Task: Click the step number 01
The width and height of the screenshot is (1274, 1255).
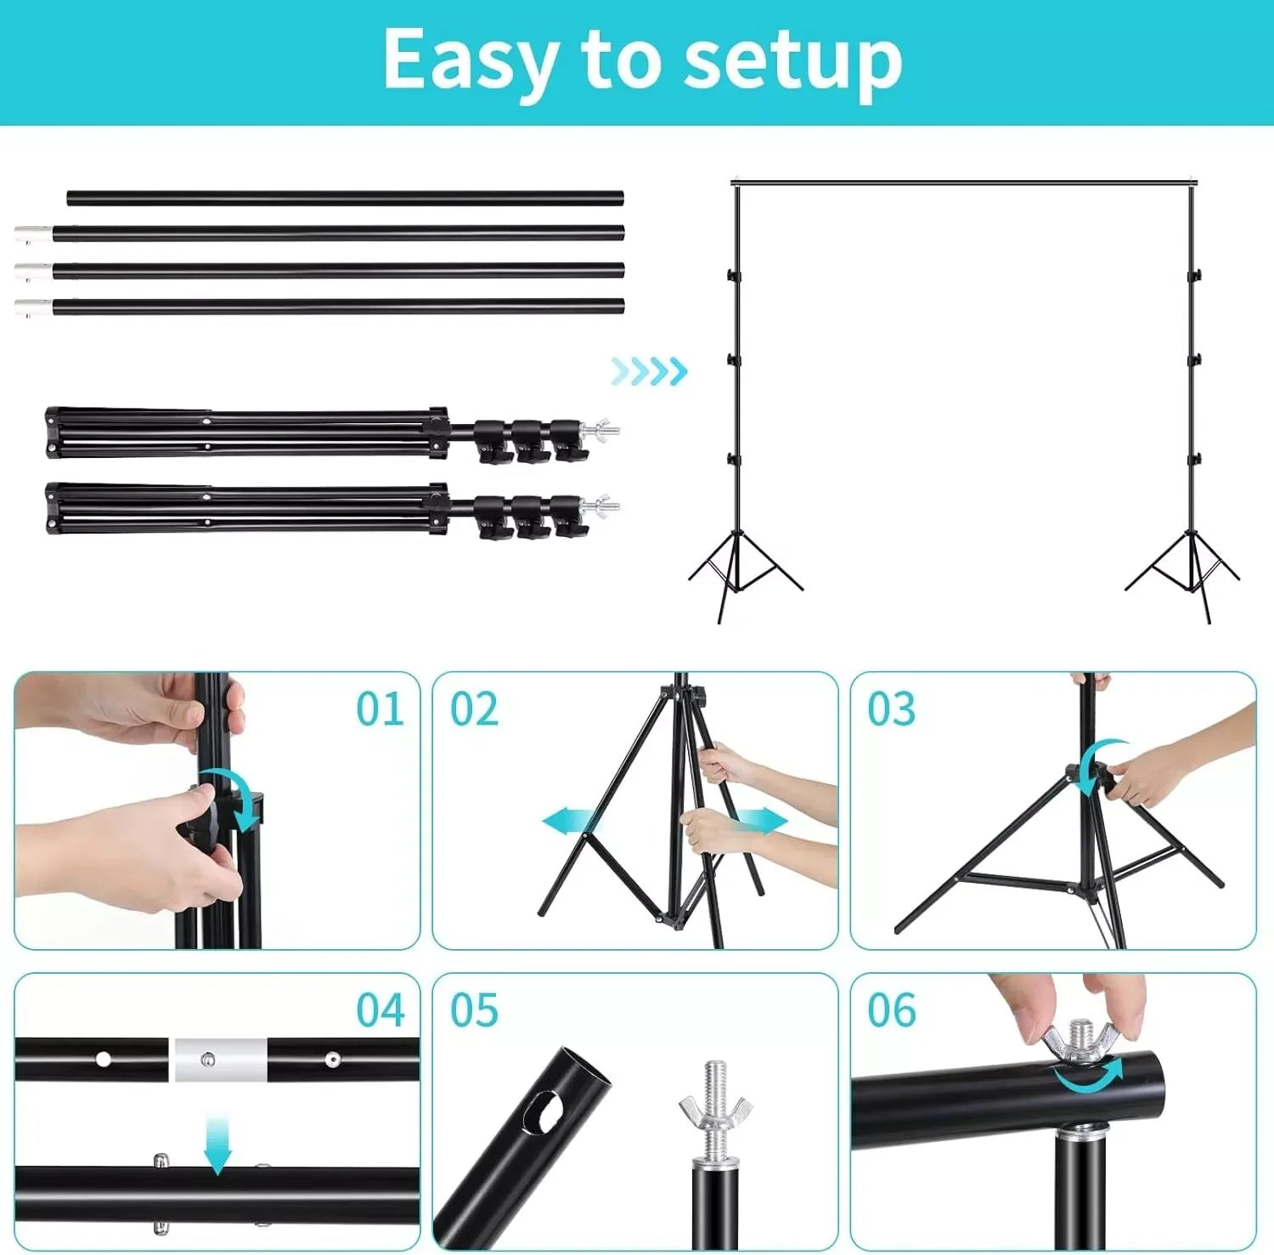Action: [380, 709]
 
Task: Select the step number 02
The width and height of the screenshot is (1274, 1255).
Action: [474, 709]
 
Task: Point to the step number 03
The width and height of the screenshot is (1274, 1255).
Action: [892, 709]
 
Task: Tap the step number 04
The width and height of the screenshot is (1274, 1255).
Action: [381, 1010]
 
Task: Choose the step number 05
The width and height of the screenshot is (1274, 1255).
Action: [474, 1010]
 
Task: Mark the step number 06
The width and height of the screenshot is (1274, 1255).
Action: [892, 1010]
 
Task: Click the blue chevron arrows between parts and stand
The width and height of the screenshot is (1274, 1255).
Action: [650, 371]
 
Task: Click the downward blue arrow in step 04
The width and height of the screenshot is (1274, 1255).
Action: [217, 1145]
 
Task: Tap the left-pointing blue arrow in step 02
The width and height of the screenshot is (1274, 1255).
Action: [571, 822]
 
